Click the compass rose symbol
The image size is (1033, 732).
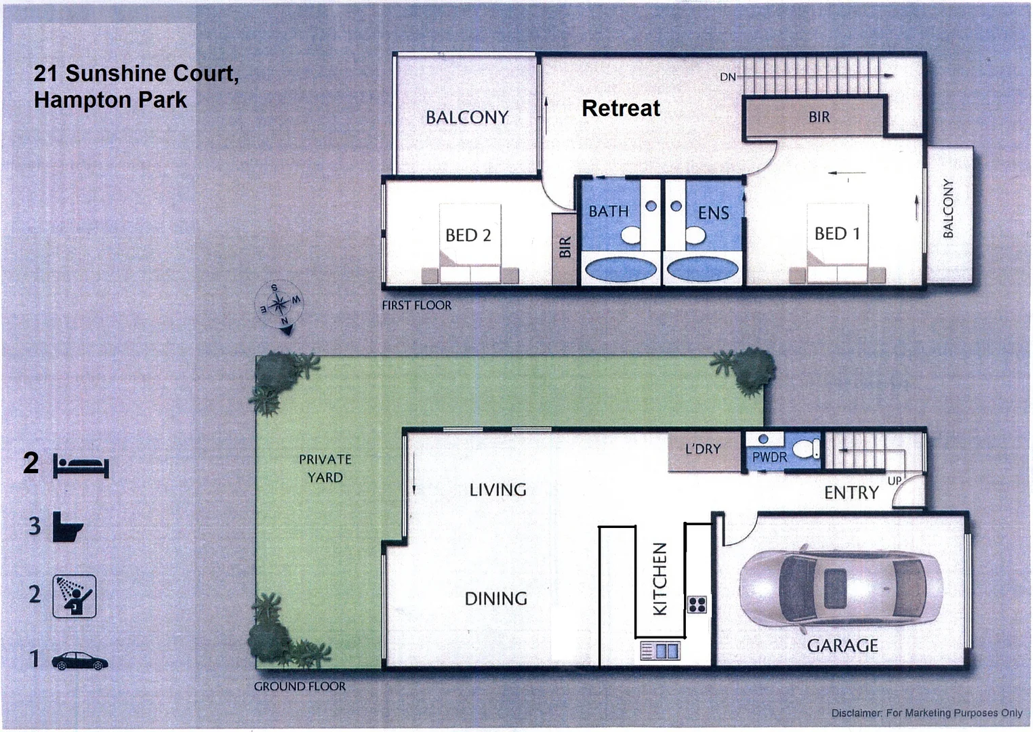pyautogui.click(x=279, y=305)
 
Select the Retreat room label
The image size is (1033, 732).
pyautogui.click(x=620, y=108)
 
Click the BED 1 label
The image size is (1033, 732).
pyautogui.click(x=837, y=234)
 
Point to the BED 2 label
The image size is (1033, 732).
pyautogui.click(x=468, y=235)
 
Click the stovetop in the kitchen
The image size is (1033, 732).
pyautogui.click(x=697, y=604)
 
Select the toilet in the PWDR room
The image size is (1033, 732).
pyautogui.click(x=806, y=448)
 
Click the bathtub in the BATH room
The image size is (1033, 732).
pyautogui.click(x=620, y=269)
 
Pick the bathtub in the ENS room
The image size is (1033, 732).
pyautogui.click(x=702, y=269)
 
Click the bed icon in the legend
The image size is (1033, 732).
pyautogui.click(x=81, y=467)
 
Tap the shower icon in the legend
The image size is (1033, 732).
pyautogui.click(x=75, y=596)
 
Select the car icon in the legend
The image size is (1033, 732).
pyautogui.click(x=79, y=661)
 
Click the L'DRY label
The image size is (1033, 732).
pyautogui.click(x=703, y=449)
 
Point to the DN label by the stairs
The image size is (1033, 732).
pyautogui.click(x=727, y=77)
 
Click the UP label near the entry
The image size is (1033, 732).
pyautogui.click(x=895, y=481)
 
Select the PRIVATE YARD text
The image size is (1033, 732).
pyautogui.click(x=325, y=468)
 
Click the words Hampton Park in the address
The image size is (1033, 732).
pyautogui.click(x=110, y=100)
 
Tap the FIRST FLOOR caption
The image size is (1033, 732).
pyautogui.click(x=416, y=306)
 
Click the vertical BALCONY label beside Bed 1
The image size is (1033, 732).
pyautogui.click(x=948, y=209)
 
